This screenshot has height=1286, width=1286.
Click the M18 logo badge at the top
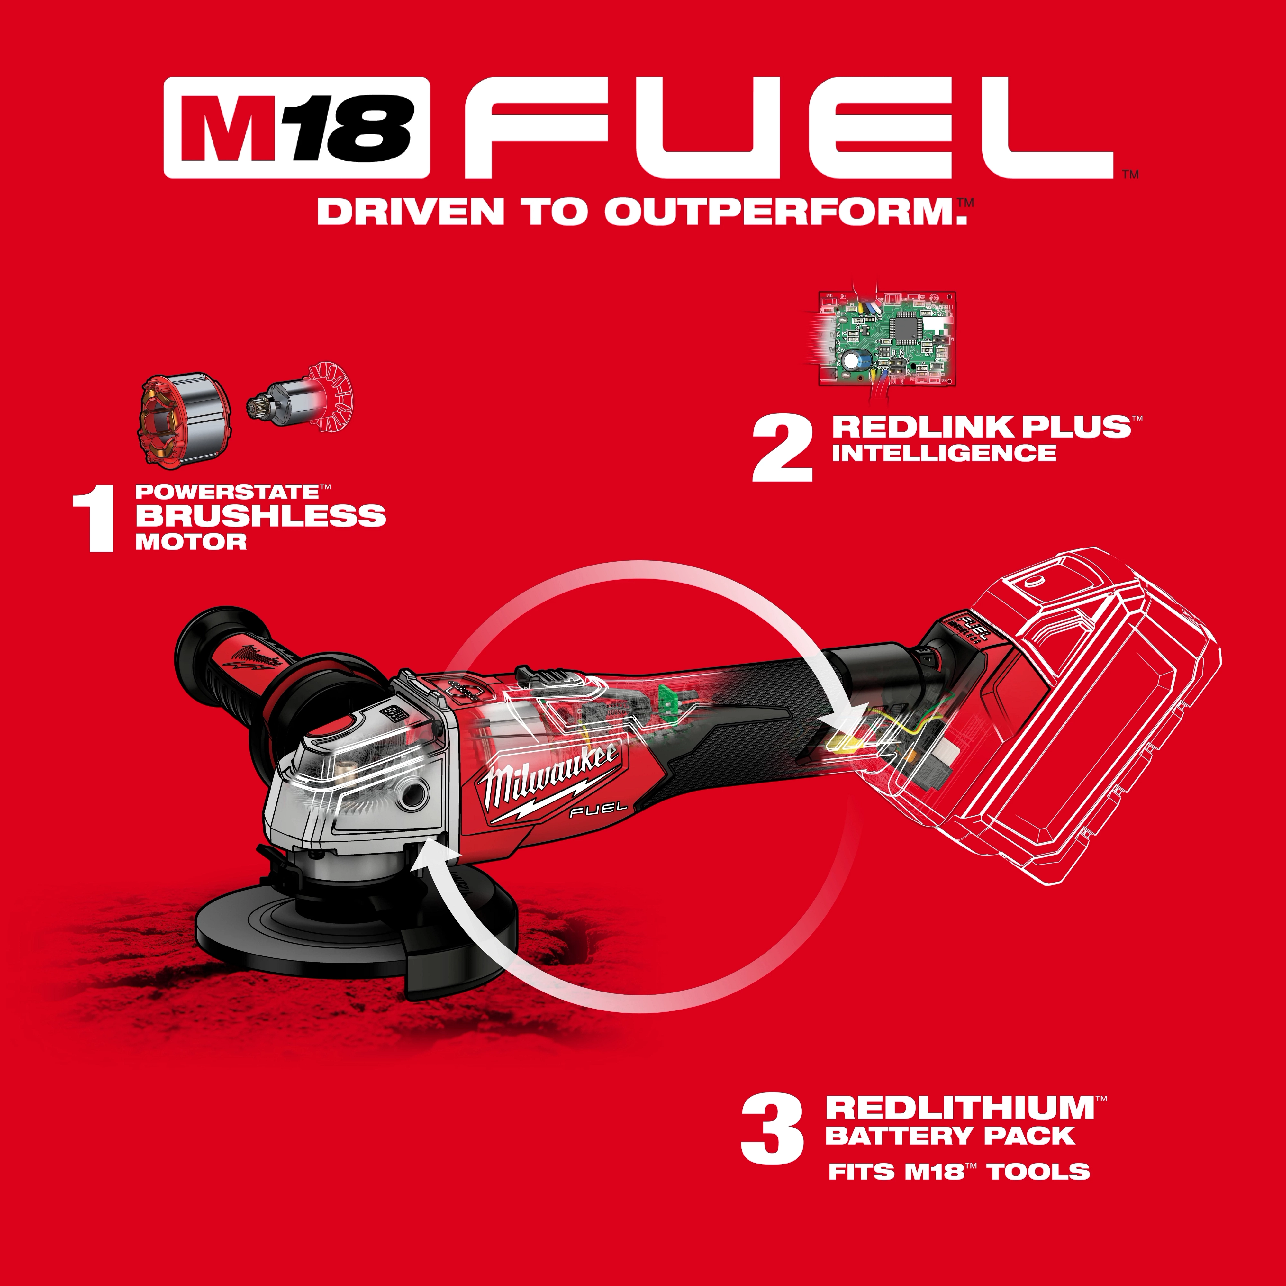[x=297, y=128]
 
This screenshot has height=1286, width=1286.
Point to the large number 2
[x=783, y=449]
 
